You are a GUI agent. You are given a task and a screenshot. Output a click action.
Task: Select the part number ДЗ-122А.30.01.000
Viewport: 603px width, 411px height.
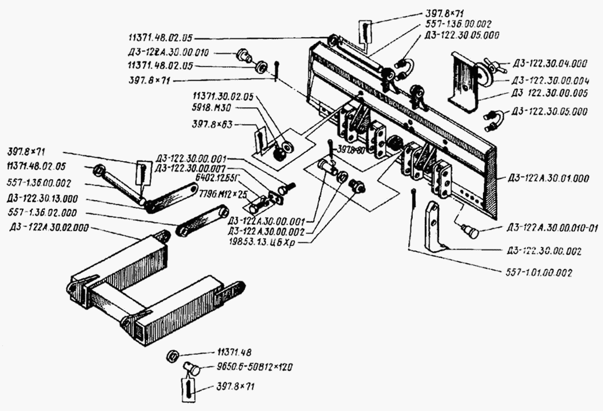click(547, 177)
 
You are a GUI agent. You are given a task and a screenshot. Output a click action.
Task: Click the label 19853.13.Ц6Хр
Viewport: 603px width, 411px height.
click(268, 240)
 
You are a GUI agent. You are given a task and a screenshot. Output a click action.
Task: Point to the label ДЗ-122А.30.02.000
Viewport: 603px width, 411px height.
click(49, 227)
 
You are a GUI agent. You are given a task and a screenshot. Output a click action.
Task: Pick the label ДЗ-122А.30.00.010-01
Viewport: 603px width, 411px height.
click(552, 227)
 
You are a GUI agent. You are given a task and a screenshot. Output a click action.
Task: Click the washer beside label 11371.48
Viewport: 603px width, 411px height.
click(172, 355)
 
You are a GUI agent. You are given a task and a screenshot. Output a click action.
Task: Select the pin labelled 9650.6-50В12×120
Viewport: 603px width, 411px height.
click(191, 368)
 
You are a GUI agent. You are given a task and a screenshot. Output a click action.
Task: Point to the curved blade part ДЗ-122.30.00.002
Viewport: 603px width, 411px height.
click(435, 226)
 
